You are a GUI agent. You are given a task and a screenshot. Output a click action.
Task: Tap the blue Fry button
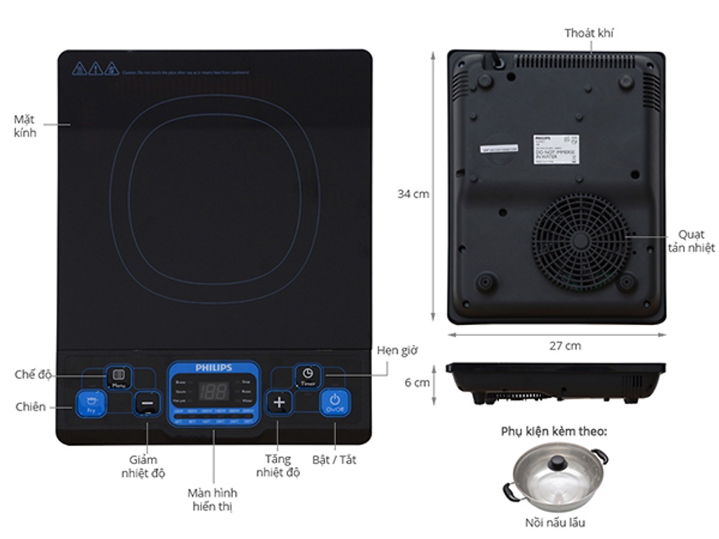tap(91, 403)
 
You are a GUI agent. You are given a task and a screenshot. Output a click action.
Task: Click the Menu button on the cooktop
tap(118, 377)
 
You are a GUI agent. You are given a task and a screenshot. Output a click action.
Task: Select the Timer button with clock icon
tap(307, 376)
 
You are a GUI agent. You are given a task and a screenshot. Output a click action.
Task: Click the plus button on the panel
tap(279, 402)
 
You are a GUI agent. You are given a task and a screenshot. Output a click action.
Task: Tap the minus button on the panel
tap(147, 403)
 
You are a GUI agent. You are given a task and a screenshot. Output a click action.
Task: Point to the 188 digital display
tap(213, 392)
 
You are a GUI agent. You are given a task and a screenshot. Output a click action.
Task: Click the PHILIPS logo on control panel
tap(213, 368)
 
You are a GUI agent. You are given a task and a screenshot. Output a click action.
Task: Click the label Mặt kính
tap(25, 126)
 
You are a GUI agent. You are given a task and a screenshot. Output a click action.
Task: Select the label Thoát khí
tap(588, 33)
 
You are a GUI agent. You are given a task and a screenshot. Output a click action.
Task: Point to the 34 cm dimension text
tap(413, 194)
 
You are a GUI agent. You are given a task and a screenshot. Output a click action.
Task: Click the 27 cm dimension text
tap(565, 346)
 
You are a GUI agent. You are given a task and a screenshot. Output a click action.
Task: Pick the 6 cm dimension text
tap(417, 383)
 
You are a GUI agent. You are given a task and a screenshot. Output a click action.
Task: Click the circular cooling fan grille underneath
tap(580, 241)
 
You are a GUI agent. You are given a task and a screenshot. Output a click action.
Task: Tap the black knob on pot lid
tap(558, 461)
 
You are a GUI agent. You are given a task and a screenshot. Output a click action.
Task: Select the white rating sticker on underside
tap(555, 149)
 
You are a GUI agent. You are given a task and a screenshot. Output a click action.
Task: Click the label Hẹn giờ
tap(397, 350)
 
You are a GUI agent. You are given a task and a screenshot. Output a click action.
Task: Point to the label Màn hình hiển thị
tap(212, 499)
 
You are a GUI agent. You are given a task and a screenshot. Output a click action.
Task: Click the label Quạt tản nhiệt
tap(691, 241)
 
